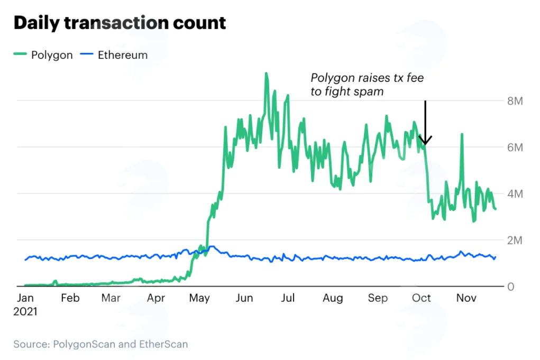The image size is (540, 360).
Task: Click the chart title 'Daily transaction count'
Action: tap(120, 23)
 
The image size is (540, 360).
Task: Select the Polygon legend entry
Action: tap(43, 55)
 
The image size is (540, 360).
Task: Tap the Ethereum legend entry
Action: tap(114, 55)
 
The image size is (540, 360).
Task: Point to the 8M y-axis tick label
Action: tap(515, 101)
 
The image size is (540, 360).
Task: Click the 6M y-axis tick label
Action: tap(515, 147)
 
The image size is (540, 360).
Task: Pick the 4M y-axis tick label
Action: tap(515, 194)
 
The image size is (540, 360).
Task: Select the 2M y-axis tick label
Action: tap(515, 240)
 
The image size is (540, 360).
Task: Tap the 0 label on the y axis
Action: tap(511, 287)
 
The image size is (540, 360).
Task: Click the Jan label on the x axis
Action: tap(25, 298)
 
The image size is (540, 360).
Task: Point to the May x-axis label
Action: tap(199, 298)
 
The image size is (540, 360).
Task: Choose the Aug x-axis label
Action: tap(333, 298)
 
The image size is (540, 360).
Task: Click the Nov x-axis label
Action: tap(466, 298)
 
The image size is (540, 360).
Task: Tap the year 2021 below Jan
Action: tap(25, 311)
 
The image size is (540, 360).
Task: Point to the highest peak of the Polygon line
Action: tap(266, 73)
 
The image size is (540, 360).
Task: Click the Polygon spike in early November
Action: tap(462, 134)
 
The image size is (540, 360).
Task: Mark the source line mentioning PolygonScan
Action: tap(100, 344)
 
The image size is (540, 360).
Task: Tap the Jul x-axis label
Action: tap(288, 298)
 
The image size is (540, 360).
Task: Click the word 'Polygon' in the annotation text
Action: tap(333, 78)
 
